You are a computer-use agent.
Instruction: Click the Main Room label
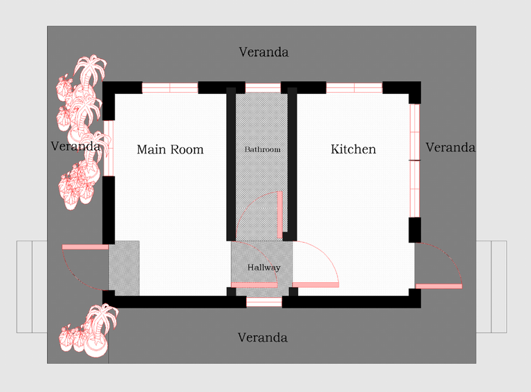pos(170,149)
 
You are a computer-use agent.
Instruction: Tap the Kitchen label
pos(353,149)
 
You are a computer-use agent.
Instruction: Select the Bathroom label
pos(263,149)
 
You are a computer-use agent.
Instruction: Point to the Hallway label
pos(264,268)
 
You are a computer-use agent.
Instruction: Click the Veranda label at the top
pos(264,52)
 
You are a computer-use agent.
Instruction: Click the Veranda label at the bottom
pos(263,337)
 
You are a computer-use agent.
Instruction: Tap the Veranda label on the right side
pos(450,147)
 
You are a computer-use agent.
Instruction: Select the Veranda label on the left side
pos(75,147)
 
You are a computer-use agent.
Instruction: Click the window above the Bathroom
pos(263,88)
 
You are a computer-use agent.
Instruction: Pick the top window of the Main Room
pos(169,88)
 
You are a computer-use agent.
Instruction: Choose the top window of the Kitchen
pos(354,88)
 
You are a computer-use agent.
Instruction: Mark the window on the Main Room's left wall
pos(109,148)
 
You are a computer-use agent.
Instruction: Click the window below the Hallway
pos(264,302)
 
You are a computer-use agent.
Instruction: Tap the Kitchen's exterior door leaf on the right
pos(439,286)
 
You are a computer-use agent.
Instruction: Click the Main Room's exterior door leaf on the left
pos(85,247)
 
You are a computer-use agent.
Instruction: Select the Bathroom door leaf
pos(280,215)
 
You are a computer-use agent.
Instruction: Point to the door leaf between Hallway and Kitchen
pos(315,285)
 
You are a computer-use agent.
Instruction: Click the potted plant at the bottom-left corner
pos(88,331)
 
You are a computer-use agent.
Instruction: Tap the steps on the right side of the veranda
pos(492,287)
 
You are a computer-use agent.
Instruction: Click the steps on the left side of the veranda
pos(32,287)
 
